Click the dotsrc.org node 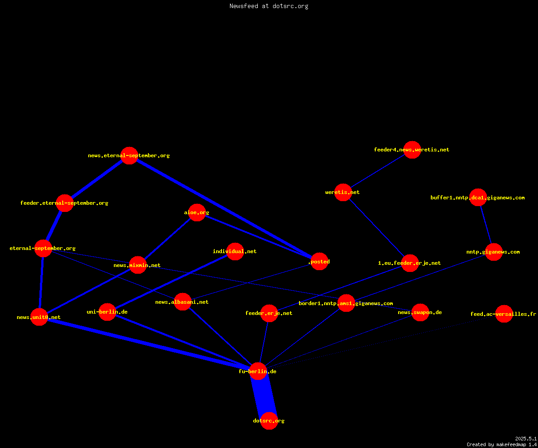(x=269, y=421)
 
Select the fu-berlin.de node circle (x=258, y=371)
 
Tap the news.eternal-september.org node (x=130, y=155)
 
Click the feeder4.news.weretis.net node (x=412, y=150)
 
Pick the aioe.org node (x=197, y=212)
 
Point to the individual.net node (x=235, y=251)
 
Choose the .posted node (x=319, y=261)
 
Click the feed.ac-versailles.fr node (x=504, y=314)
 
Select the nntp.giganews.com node (x=494, y=252)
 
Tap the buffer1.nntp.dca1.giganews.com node (x=478, y=197)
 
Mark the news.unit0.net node (x=39, y=317)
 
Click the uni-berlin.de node (x=107, y=312)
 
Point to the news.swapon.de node (x=420, y=312)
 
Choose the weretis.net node (x=343, y=192)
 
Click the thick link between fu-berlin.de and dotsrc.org (x=264, y=396)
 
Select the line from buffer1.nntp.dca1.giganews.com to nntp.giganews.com (x=486, y=224)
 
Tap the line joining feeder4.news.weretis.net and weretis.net (x=377, y=171)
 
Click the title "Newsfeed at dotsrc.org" (x=269, y=6)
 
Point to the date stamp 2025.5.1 (x=526, y=439)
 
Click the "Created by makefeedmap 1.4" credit (x=502, y=444)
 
